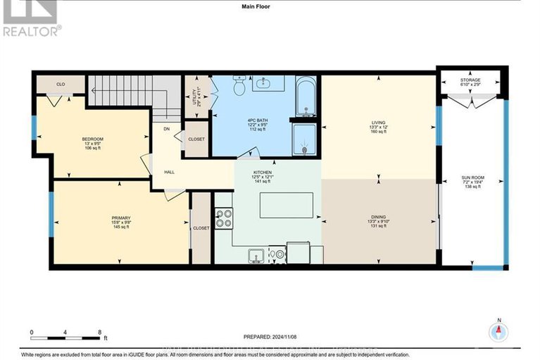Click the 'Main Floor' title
[x=270, y=7]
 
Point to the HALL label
[x=170, y=170]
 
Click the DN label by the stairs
[x=167, y=129]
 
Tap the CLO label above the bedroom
[x=61, y=84]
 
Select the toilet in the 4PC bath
[x=239, y=87]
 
